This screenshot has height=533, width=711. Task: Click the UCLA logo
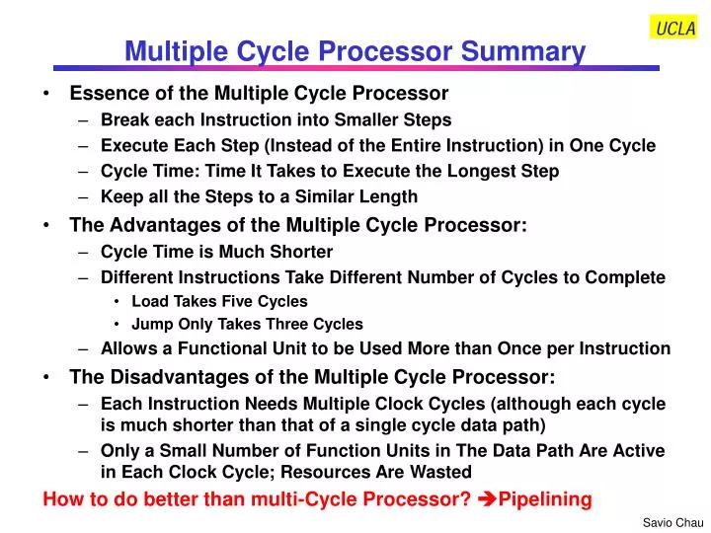[x=675, y=28]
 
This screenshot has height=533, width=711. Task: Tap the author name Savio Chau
[x=672, y=522]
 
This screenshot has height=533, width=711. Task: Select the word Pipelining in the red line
[x=545, y=498]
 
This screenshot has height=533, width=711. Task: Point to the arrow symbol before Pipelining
[x=486, y=498]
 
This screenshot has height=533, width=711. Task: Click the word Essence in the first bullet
[x=104, y=94]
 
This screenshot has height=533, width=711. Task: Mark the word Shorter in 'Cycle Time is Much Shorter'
[x=300, y=252]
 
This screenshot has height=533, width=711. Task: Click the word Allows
[x=125, y=347]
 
